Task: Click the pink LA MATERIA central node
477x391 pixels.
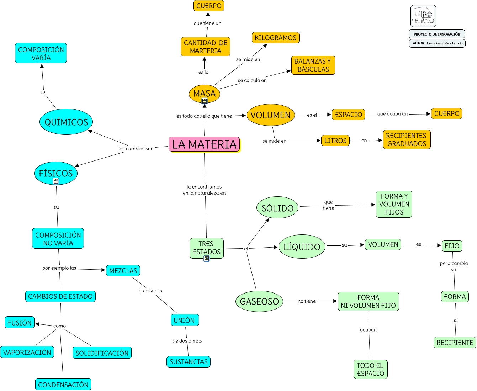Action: tap(204, 144)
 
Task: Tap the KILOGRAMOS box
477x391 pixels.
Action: tap(275, 38)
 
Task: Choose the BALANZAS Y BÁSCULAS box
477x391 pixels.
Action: tap(313, 65)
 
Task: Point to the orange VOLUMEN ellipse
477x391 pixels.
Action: tap(271, 115)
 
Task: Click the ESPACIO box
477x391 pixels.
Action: tap(348, 115)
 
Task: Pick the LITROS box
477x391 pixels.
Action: tap(335, 141)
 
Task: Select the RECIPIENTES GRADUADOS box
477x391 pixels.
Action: tap(407, 139)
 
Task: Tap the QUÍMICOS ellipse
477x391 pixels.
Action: tap(66, 122)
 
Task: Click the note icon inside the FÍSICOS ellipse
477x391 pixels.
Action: tap(56, 181)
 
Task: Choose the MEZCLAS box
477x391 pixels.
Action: tap(123, 271)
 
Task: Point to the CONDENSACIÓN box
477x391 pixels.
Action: tap(63, 385)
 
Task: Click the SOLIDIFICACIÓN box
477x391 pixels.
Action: tap(102, 353)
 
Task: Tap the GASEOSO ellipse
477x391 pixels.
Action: tap(259, 301)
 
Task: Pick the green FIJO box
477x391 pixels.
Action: tap(452, 245)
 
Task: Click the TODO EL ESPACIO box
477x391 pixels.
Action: tap(371, 369)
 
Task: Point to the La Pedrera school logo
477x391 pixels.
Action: tap(423, 16)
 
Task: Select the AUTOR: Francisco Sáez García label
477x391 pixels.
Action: tap(437, 43)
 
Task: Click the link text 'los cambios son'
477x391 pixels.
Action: tap(136, 149)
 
